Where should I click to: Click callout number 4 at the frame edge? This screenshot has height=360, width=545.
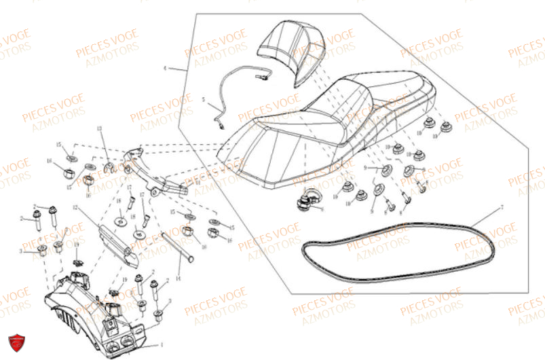coord(165,69)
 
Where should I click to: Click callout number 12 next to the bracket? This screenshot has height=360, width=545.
coord(77,206)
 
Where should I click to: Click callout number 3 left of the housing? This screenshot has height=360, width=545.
coord(21,251)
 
